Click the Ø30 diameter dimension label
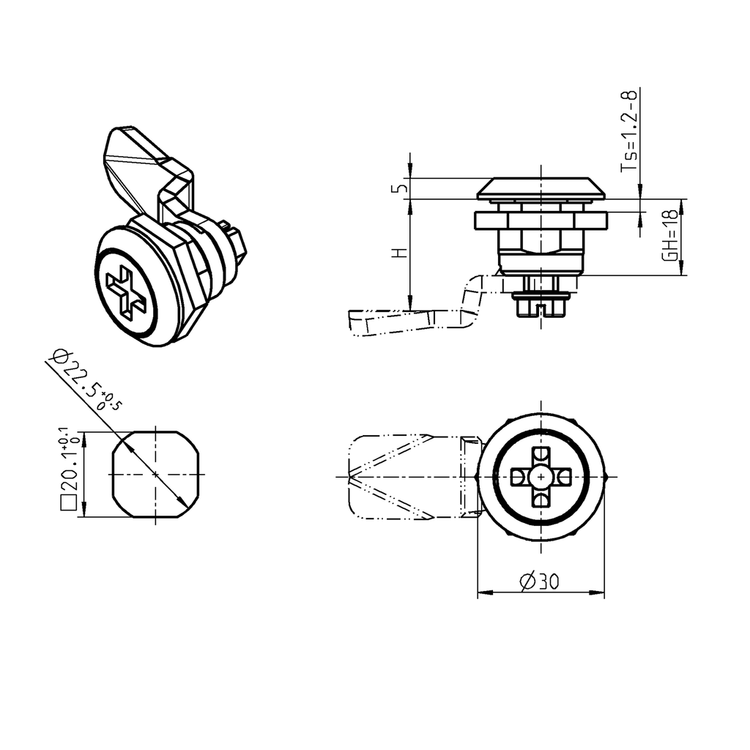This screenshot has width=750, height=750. pos(540,582)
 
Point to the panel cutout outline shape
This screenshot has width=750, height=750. pos(155,475)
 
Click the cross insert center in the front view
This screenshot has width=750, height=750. pos(541,476)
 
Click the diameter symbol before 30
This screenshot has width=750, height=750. pos(527,582)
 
